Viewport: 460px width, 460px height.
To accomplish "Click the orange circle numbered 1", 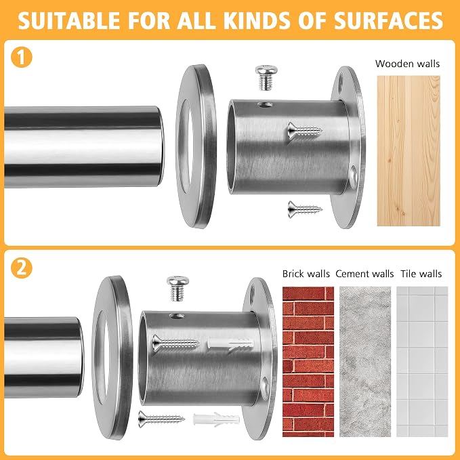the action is pos(22,57).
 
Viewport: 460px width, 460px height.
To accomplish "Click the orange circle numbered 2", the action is pos(22,268).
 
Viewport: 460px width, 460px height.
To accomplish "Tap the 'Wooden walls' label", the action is pos(407,64).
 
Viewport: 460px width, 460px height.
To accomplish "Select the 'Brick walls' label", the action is pos(306,274).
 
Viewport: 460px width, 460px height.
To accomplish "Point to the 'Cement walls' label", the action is pos(364,274).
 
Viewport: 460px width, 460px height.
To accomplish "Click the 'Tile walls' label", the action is pos(421,274).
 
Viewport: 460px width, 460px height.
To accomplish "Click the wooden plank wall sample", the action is pos(409,151).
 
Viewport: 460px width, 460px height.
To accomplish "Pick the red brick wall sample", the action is pos(308,362).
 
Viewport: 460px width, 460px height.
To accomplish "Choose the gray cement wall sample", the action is pos(365,362).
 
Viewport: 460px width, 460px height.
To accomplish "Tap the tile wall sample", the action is pos(422,362).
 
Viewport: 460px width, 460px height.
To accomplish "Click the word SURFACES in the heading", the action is pos(388,20).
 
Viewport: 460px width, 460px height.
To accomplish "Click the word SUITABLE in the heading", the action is pos(69,20).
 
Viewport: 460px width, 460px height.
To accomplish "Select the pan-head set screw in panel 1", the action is pos(266,77).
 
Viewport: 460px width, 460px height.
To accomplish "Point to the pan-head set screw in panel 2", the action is pos(177,289).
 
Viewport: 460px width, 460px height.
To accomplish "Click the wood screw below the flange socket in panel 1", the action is pos(305,209).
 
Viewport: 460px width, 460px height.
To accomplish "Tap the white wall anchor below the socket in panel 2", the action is pos(217,419).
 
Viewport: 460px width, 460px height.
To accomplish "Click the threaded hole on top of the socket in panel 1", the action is pos(265,104).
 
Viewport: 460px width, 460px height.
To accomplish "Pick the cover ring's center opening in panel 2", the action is pos(102,357).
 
